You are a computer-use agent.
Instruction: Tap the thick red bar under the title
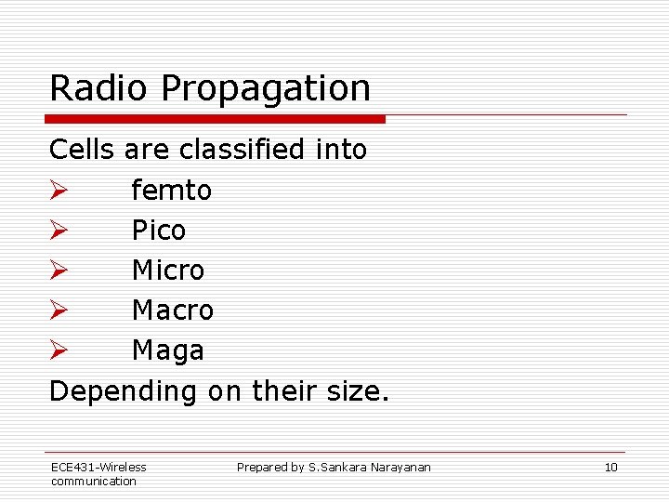coord(216,119)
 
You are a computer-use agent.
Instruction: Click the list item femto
coord(171,191)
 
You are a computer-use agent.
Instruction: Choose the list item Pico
coord(159,231)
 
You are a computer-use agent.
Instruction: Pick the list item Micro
coord(168,271)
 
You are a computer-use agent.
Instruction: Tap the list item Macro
coord(173,310)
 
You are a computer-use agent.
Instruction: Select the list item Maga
coord(167,351)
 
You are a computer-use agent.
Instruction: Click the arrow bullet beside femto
coord(58,191)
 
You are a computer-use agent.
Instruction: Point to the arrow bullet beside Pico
coord(58,231)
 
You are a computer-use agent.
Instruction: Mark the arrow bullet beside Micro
coord(58,271)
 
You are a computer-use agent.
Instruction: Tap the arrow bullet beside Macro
coord(58,310)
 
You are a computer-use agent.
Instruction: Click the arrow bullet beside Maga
coord(58,351)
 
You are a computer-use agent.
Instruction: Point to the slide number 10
coord(610,468)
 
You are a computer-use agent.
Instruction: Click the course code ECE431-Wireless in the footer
coord(98,467)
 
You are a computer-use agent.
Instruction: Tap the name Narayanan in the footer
coord(402,468)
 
